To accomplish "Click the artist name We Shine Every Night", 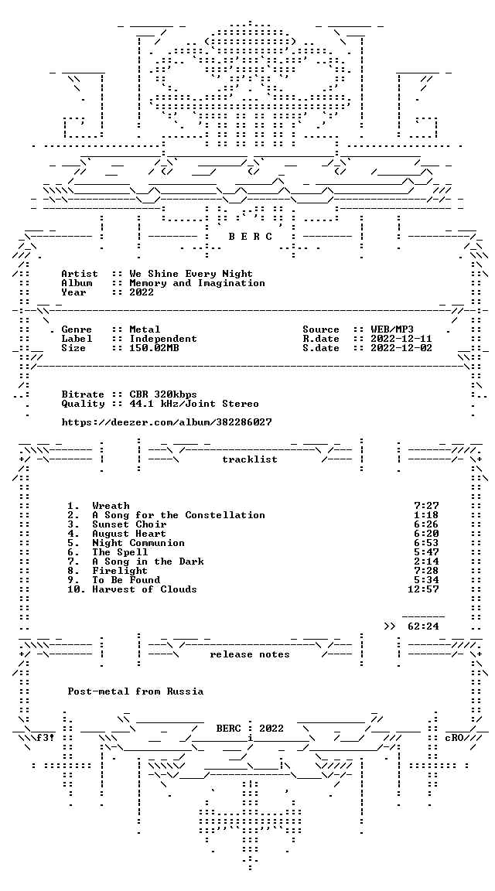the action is [x=191, y=274].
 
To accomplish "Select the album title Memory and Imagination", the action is [x=197, y=283].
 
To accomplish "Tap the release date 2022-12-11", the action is [x=401, y=339].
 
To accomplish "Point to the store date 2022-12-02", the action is [x=401, y=348].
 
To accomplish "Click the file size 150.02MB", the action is [x=154, y=348].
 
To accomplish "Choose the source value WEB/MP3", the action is [x=392, y=329].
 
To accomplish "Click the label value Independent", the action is [x=163, y=339].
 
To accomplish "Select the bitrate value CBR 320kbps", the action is [x=163, y=394].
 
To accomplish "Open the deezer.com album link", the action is [x=166, y=422].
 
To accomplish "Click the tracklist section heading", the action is [x=250, y=459].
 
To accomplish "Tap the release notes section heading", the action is [x=250, y=654].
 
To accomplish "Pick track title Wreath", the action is [x=111, y=506].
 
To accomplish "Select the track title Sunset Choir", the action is [x=130, y=524].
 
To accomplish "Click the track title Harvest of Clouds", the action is [x=145, y=589].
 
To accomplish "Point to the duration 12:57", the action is [x=423, y=589].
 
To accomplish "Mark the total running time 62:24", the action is [x=423, y=626].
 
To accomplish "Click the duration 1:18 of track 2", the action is [x=426, y=515].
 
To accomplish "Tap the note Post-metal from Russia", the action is [x=135, y=691].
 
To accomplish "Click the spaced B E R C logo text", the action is [x=250, y=237].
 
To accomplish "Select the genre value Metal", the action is [x=145, y=329].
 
